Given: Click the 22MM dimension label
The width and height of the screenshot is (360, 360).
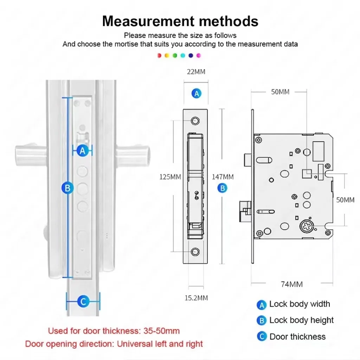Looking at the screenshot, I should (x=196, y=72).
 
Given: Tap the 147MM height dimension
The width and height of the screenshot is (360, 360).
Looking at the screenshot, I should (x=223, y=177).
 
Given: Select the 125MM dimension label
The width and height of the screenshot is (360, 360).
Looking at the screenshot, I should (x=171, y=177).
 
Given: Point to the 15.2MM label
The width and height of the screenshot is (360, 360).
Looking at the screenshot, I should (x=196, y=298).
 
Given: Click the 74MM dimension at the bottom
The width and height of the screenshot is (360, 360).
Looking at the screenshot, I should (x=291, y=284).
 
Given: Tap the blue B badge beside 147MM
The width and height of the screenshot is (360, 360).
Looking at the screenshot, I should (x=222, y=188).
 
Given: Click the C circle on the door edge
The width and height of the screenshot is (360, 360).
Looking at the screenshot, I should (x=83, y=301).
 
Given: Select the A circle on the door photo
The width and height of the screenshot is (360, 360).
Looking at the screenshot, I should (x=83, y=151).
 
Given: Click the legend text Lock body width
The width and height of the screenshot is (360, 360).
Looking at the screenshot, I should (x=300, y=304).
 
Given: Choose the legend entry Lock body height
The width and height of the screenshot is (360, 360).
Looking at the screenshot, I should (x=301, y=320).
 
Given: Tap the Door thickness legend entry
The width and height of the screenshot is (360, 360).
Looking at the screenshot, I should (x=297, y=336).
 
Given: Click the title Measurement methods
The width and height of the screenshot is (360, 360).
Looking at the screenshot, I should (x=180, y=21).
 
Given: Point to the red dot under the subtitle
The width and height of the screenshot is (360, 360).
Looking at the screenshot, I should (x=159, y=56).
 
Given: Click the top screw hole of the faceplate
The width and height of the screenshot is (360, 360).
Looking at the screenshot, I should (x=195, y=121).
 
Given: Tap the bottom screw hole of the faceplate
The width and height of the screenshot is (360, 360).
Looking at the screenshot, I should (x=195, y=252).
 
